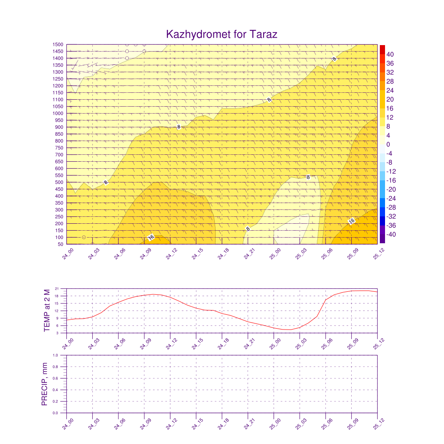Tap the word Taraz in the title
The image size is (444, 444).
click(263, 34)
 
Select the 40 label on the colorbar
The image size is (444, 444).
click(390, 54)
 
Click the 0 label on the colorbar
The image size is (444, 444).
click(388, 144)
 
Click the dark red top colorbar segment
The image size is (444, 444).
click(382, 49)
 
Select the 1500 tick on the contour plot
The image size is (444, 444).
click(59, 45)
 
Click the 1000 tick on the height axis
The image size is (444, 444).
click(59, 114)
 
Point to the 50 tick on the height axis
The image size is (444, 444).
click(60, 244)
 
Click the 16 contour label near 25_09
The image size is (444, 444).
click(352, 221)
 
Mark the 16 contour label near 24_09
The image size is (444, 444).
click(151, 237)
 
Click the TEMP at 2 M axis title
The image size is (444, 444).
click(47, 311)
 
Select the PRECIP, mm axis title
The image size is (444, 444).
click(44, 384)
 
